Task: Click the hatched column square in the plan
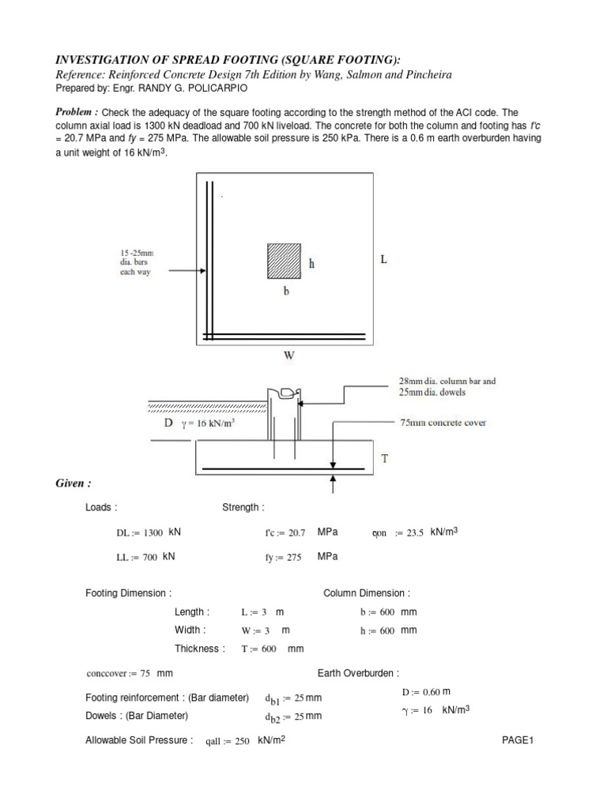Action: point(284,259)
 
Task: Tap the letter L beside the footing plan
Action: point(384,259)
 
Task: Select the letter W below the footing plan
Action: point(289,356)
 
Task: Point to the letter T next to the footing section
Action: point(386,457)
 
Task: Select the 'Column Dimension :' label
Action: point(367,593)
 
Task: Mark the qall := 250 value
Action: point(227,741)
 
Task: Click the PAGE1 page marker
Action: point(518,740)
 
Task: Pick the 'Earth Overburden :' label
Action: point(358,673)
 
